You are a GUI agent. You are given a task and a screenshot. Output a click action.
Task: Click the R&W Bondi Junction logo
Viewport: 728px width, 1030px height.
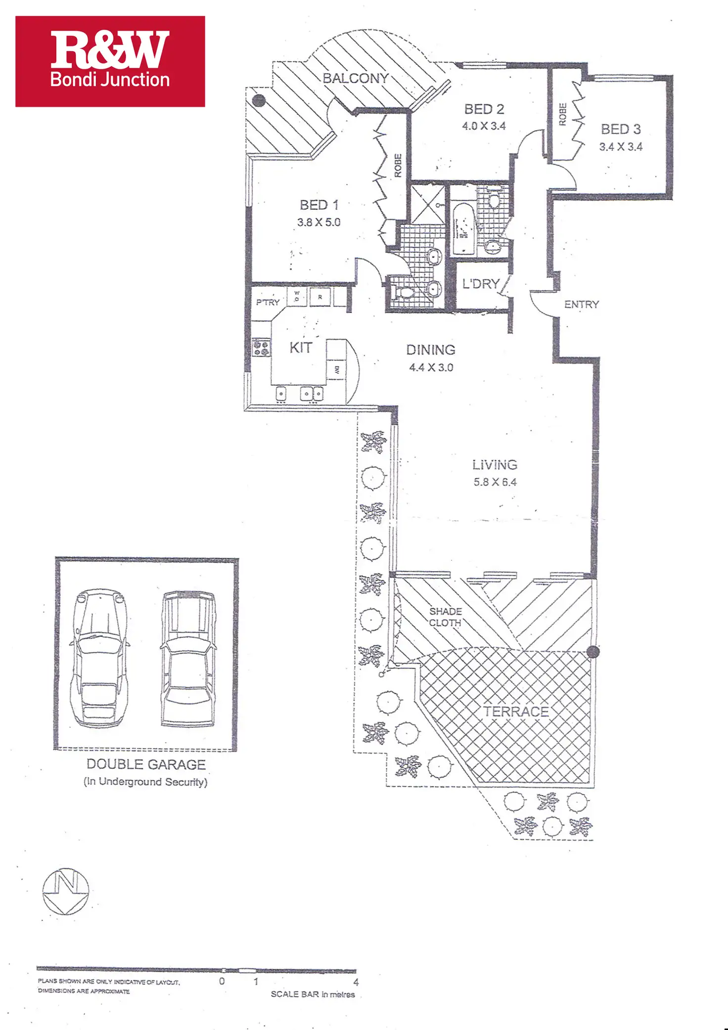pyautogui.click(x=110, y=61)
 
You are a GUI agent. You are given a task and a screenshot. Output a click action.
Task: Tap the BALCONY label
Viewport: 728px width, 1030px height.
pyautogui.click(x=356, y=79)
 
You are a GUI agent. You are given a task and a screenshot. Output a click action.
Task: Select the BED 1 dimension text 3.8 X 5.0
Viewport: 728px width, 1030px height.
pyautogui.click(x=319, y=223)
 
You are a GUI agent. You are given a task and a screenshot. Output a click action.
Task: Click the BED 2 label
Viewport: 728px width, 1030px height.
pyautogui.click(x=484, y=109)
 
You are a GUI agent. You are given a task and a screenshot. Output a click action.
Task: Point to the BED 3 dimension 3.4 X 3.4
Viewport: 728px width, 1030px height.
pyautogui.click(x=621, y=147)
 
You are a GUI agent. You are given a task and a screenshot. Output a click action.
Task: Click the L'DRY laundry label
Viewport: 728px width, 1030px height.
pyautogui.click(x=481, y=284)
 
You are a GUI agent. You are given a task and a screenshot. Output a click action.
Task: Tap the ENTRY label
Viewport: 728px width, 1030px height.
pyautogui.click(x=582, y=305)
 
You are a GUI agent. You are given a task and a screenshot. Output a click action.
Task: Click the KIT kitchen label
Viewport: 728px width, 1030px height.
pyautogui.click(x=301, y=348)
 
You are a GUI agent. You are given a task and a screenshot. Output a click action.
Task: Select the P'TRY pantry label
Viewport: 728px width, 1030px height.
pyautogui.click(x=268, y=302)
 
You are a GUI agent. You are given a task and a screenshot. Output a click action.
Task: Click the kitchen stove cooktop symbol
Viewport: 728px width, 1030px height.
pyautogui.click(x=261, y=348)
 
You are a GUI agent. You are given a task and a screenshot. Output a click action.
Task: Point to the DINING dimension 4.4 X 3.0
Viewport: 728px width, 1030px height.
pyautogui.click(x=431, y=367)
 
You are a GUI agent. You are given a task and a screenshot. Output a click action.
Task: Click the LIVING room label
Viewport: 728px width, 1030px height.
pyautogui.click(x=495, y=465)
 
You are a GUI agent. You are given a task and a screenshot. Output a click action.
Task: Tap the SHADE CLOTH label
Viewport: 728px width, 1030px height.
pyautogui.click(x=445, y=617)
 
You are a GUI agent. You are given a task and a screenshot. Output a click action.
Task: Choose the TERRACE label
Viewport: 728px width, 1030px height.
pyautogui.click(x=516, y=712)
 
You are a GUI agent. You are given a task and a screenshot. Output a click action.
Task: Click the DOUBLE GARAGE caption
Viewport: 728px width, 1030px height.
pyautogui.click(x=146, y=764)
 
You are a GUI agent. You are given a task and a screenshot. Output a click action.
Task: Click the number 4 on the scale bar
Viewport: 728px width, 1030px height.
pyautogui.click(x=356, y=982)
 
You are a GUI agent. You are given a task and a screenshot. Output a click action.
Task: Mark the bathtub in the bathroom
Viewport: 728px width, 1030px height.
pyautogui.click(x=463, y=228)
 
